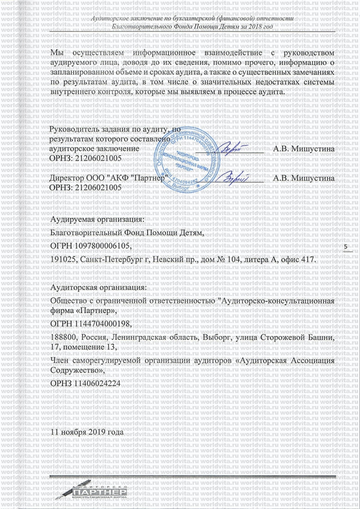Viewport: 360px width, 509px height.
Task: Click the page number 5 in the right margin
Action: tap(345, 247)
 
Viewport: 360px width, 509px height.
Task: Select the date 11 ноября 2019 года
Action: tap(86, 432)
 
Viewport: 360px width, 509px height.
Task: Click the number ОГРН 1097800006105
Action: tap(90, 246)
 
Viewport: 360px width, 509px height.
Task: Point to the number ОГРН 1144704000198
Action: tap(90, 324)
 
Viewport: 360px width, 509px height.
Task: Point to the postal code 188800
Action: tap(62, 337)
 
